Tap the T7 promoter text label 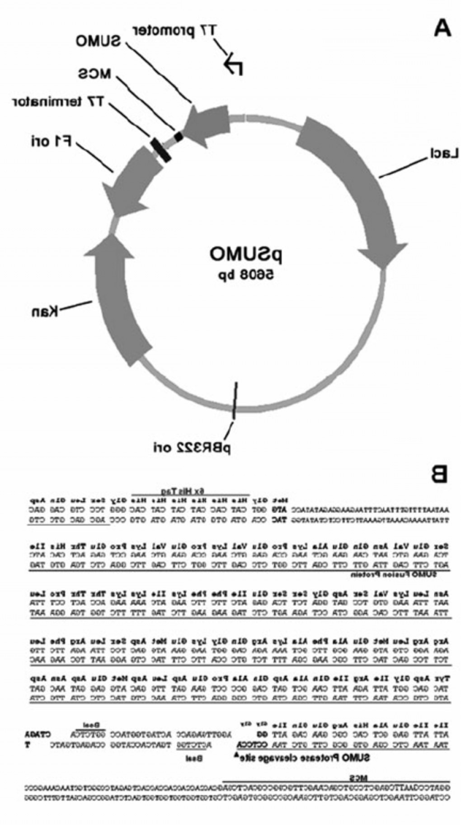pos(174,31)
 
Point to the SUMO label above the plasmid pos(98,42)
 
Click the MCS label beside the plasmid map pos(94,74)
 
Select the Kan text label pos(44,311)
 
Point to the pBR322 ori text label pos(192,447)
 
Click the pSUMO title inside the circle pos(245,254)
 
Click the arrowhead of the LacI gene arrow pos(382,255)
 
